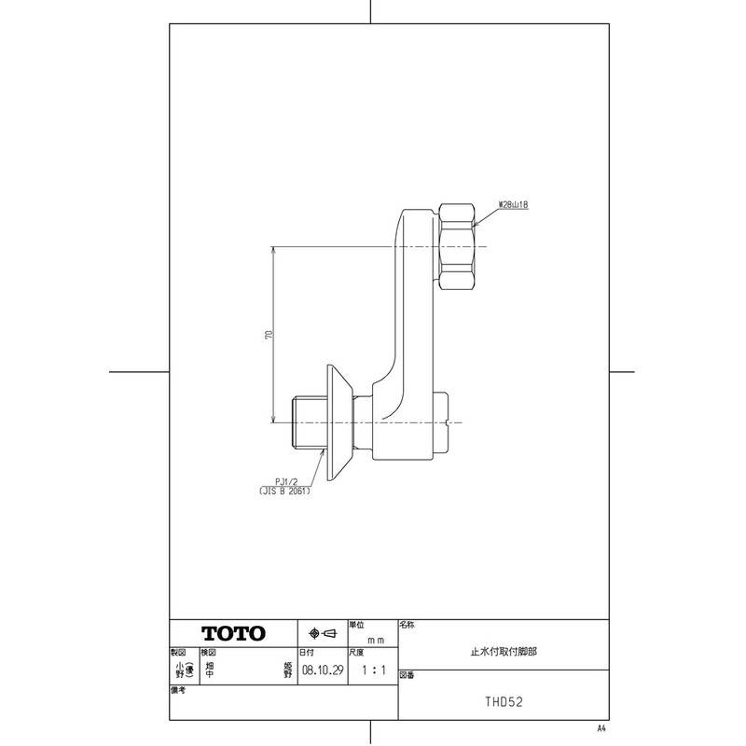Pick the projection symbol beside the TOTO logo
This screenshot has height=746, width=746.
322,633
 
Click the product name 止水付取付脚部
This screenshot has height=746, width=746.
503,654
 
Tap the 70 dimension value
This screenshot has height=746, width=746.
268,335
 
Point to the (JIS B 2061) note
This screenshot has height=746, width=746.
285,490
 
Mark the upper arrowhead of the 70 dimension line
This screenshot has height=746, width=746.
274,251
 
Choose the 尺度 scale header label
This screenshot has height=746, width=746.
355,653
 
